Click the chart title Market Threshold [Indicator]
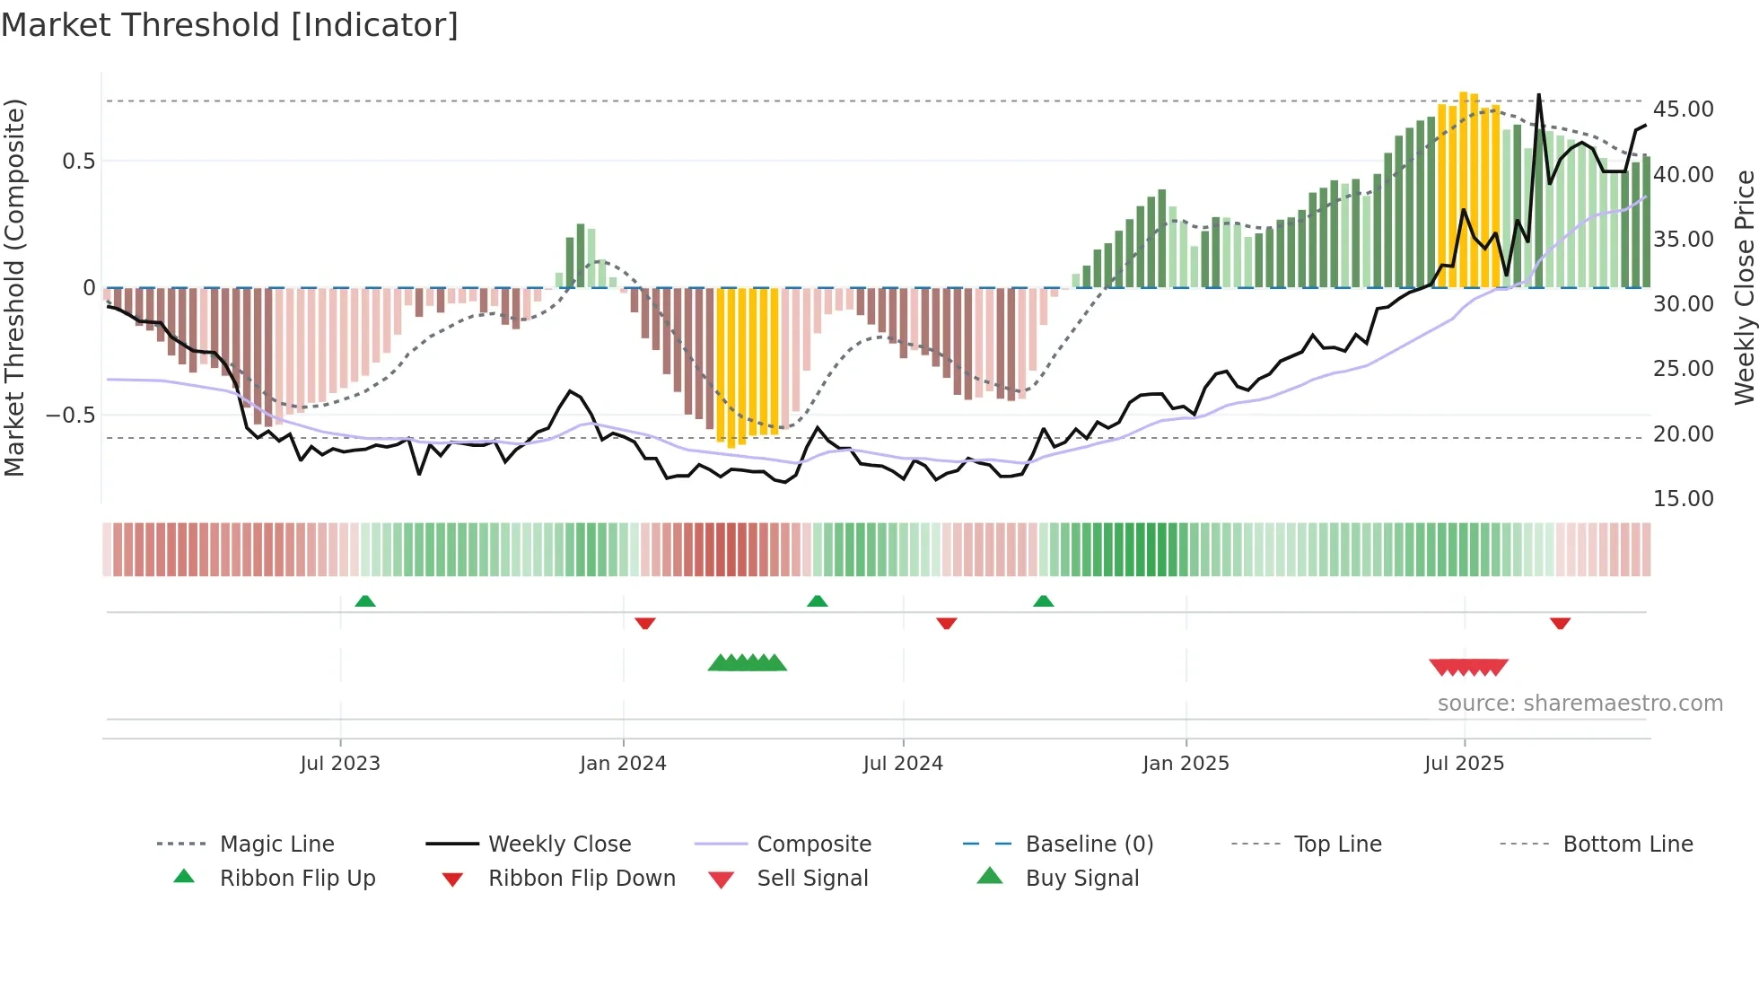click(x=230, y=25)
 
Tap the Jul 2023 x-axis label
click(x=340, y=764)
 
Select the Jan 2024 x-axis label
click(x=623, y=764)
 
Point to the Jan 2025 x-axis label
click(x=1186, y=764)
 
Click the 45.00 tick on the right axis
click(x=1683, y=109)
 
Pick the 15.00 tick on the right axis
click(x=1683, y=499)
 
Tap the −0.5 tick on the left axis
click(x=70, y=416)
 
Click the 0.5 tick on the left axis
click(x=78, y=162)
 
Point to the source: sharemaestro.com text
click(x=1580, y=704)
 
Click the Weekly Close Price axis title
click(x=1744, y=287)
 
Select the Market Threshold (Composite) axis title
click(x=14, y=287)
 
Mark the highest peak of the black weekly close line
click(x=1538, y=95)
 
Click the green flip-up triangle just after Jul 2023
click(x=365, y=601)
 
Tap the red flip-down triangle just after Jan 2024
click(x=644, y=623)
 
